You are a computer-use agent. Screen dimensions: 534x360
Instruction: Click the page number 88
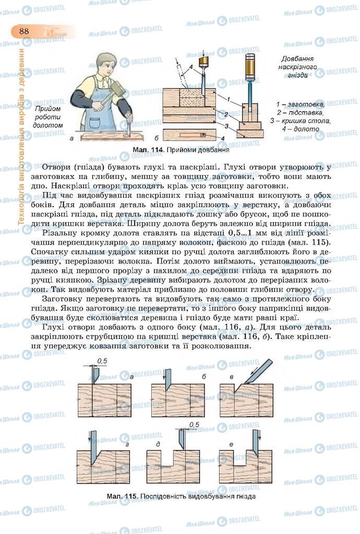point(24,31)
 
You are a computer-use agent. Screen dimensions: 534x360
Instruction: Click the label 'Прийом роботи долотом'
point(47,117)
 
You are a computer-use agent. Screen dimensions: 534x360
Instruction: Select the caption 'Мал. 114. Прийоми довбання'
point(181,150)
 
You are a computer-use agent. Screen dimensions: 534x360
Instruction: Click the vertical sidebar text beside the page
point(21,136)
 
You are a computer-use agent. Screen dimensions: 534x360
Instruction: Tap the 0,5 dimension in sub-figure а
point(102,361)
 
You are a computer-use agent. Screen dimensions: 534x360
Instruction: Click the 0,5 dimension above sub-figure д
point(194,424)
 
